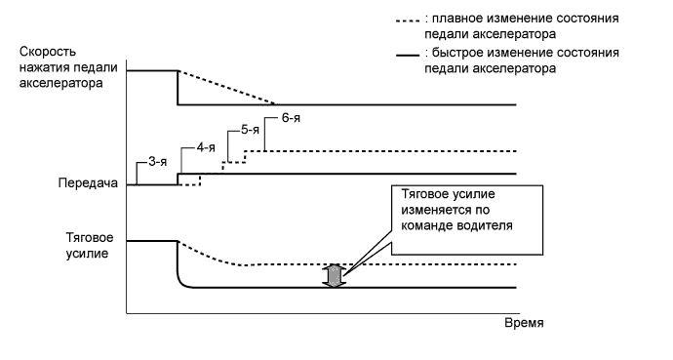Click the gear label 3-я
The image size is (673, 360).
160,161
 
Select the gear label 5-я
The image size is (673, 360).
249,131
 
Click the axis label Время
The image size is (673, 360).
523,322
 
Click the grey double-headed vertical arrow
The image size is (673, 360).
335,275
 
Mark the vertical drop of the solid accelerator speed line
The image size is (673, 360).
177,88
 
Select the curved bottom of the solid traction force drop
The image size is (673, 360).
182,282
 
